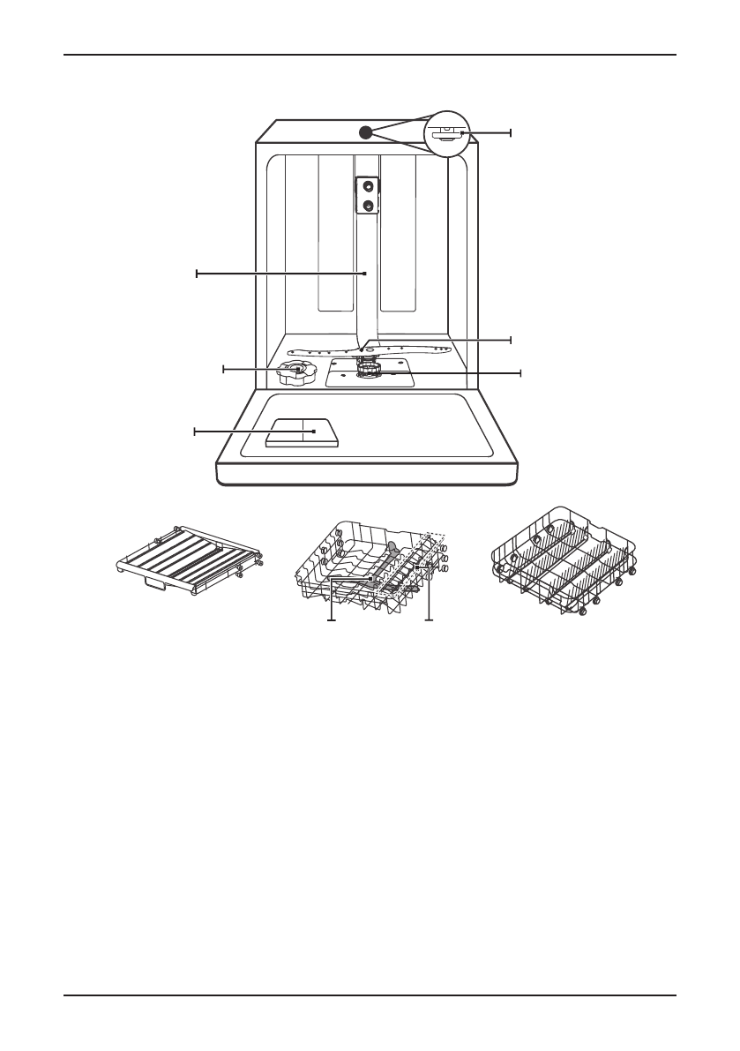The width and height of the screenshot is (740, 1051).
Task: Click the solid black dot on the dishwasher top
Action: (x=365, y=131)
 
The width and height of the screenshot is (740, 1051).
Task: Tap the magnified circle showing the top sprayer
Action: (x=449, y=133)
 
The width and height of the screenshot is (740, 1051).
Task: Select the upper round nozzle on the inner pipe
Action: (x=367, y=185)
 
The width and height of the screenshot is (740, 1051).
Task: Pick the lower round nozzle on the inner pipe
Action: (x=367, y=206)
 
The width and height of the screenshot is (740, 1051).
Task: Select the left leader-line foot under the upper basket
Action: (x=332, y=621)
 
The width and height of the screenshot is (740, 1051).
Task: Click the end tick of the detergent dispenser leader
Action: (x=195, y=432)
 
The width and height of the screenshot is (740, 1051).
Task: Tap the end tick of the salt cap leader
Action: (x=224, y=368)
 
